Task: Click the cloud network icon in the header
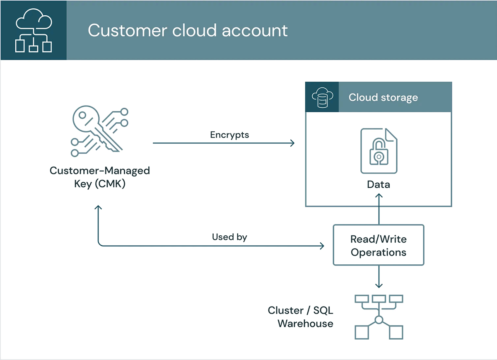33,31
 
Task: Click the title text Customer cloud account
188,31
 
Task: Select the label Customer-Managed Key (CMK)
99,177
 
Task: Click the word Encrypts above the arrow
229,135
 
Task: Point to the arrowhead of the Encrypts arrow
292,143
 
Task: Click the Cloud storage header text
383,97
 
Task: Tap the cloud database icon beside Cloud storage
322,97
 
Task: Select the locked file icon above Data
378,151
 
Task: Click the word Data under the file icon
378,184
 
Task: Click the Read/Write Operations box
378,245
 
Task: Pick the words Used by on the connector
229,237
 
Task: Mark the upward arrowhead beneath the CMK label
98,208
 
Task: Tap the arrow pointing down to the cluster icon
378,278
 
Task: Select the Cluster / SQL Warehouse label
301,317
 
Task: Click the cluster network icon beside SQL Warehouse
379,317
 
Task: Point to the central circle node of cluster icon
379,320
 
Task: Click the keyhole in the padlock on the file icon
378,157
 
